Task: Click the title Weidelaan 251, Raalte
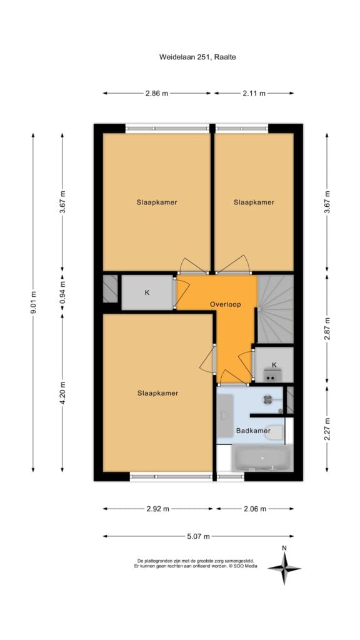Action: coord(197,57)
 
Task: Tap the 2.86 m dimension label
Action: coord(157,93)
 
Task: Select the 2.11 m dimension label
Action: coord(254,93)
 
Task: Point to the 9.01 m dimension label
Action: coord(33,302)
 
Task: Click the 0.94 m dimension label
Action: coord(62,291)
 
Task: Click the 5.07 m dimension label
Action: coord(198,536)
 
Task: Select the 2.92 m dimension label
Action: coord(157,509)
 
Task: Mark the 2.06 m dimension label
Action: coord(255,509)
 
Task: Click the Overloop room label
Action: coord(225,304)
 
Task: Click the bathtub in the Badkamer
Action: coord(262,457)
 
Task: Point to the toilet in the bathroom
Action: coord(274,432)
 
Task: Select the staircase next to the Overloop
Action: coord(275,309)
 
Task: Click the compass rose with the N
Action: coord(284,567)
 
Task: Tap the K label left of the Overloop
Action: coord(147,292)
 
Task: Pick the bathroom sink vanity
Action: coord(224,415)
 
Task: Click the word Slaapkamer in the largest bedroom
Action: coord(158,393)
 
